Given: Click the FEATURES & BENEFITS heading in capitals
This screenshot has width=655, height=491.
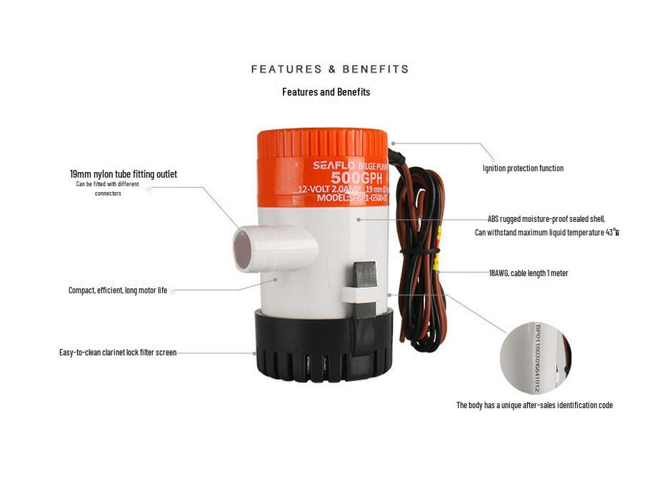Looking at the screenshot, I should tap(330, 69).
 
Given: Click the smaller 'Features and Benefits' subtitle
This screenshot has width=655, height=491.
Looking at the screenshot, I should tap(326, 92).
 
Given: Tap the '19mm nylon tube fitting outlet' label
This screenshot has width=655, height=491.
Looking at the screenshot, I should tap(124, 174).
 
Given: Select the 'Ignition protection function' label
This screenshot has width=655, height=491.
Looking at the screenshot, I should tap(523, 168).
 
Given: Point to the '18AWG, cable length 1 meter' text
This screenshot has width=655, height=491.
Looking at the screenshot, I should tap(529, 273).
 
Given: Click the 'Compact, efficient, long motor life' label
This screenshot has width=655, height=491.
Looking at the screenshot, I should tap(118, 290).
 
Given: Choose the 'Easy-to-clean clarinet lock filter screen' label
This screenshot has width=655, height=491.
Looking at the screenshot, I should tap(118, 353).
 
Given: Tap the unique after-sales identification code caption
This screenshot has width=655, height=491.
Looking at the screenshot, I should tap(534, 405).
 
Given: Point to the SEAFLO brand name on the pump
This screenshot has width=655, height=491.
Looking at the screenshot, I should tap(329, 166).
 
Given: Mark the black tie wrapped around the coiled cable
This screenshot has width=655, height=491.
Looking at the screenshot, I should tap(421, 251).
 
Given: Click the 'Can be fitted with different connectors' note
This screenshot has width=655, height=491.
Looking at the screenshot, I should tap(108, 188).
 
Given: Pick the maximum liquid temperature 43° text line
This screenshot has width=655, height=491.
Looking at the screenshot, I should tap(546, 233).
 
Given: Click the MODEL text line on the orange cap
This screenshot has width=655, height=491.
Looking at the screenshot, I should tap(344, 198).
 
